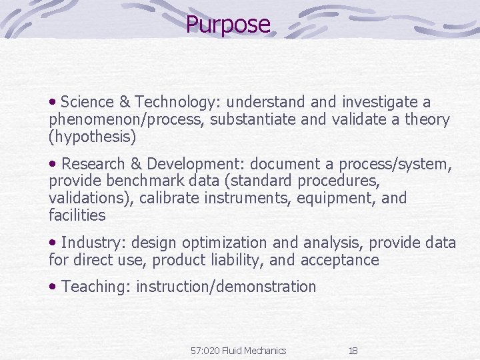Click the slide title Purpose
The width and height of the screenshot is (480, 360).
point(228,25)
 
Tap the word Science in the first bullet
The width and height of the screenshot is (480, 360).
point(87,102)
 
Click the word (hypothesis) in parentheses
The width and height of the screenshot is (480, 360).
point(92,137)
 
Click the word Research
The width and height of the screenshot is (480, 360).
point(93,164)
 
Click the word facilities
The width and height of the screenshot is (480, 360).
point(77,215)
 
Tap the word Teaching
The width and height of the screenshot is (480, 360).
point(95,287)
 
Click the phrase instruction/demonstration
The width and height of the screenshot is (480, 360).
point(226,287)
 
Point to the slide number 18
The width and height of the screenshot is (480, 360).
point(353,351)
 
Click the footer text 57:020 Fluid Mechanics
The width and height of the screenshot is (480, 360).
point(238,351)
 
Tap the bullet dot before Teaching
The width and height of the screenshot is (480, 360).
point(53,287)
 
